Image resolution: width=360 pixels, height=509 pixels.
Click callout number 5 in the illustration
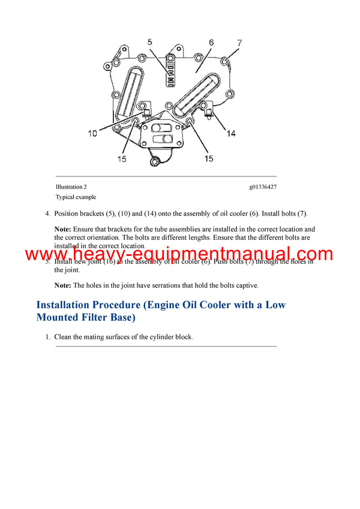tap(151, 43)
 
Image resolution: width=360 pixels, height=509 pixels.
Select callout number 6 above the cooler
tap(211, 43)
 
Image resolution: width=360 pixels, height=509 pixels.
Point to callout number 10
tap(92, 134)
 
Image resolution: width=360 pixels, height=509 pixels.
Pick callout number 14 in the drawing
tap(230, 133)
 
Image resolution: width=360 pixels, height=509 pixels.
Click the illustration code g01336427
tap(263, 187)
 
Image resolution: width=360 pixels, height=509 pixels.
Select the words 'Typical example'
tap(76, 197)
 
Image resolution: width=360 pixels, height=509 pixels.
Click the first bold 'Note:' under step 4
tap(62, 229)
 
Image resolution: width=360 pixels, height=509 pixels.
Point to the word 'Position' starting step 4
tap(66, 213)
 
